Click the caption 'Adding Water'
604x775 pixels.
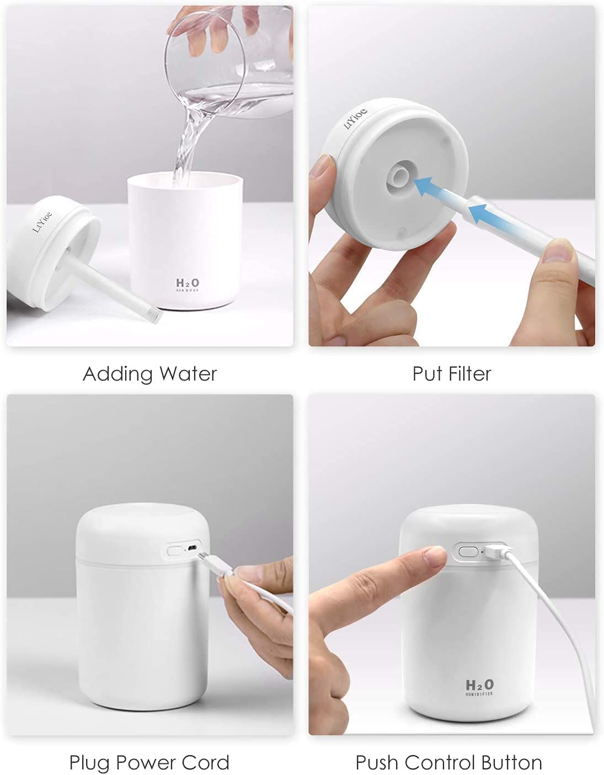pos(150,374)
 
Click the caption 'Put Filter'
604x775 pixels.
pos(451,374)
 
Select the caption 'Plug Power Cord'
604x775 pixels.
pos(149,763)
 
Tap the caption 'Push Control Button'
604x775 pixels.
pos(448,763)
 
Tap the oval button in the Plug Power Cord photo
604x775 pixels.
pos(175,550)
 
